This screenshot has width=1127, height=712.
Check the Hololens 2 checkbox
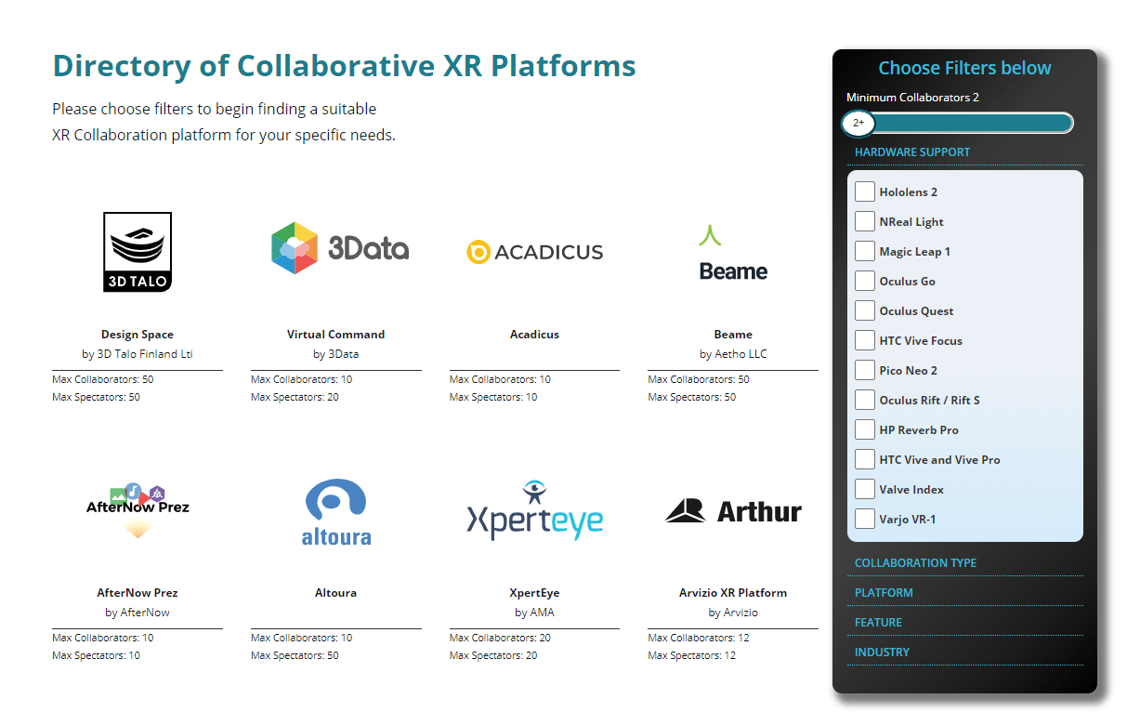pyautogui.click(x=865, y=191)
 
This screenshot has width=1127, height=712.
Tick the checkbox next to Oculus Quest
pyautogui.click(x=865, y=310)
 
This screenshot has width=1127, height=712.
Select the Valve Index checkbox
pyautogui.click(x=865, y=489)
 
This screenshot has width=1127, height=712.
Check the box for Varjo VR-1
pyautogui.click(x=865, y=519)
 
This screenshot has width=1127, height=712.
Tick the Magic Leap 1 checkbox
pyautogui.click(x=865, y=251)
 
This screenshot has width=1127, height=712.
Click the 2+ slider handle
pyautogui.click(x=858, y=123)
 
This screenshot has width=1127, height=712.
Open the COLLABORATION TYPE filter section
pyautogui.click(x=915, y=563)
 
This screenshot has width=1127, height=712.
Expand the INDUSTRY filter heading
pyautogui.click(x=882, y=653)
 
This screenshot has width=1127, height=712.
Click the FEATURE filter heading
pyautogui.click(x=878, y=623)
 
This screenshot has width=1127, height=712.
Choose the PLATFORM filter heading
pyautogui.click(x=884, y=593)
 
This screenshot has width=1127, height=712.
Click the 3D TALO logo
pyautogui.click(x=138, y=252)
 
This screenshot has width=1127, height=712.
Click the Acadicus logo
pyautogui.click(x=535, y=252)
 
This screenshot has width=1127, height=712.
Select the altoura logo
pyautogui.click(x=336, y=511)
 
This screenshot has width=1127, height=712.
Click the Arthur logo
pyautogui.click(x=733, y=511)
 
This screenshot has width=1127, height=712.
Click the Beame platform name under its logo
pyautogui.click(x=733, y=335)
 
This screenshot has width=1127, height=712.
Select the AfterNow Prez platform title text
pyautogui.click(x=138, y=593)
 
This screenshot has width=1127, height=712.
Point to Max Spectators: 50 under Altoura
pyautogui.click(x=295, y=656)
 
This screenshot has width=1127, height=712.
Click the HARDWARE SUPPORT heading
pyautogui.click(x=912, y=152)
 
